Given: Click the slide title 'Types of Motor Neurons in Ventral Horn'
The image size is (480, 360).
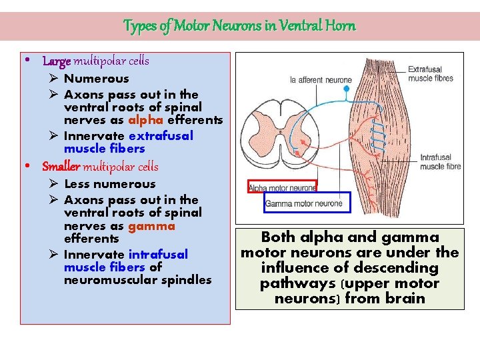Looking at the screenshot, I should click(x=239, y=26).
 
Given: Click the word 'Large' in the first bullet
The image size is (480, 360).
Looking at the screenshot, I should click(x=56, y=61).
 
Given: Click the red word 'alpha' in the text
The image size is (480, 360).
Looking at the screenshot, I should click(x=143, y=120).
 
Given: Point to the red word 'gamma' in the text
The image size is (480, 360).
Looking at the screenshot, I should click(x=151, y=225).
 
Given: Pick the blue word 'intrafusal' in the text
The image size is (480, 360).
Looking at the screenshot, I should click(x=158, y=254).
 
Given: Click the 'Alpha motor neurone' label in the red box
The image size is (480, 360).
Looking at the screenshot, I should click(x=282, y=188).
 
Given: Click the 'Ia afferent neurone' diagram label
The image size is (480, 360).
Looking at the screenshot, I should click(x=320, y=81).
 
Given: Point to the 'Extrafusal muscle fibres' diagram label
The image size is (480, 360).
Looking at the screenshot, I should click(x=430, y=73).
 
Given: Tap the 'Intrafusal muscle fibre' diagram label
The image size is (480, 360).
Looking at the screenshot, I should click(x=440, y=162).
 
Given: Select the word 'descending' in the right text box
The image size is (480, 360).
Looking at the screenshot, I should click(x=399, y=268).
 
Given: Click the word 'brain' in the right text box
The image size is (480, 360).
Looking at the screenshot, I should click(x=403, y=298).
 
